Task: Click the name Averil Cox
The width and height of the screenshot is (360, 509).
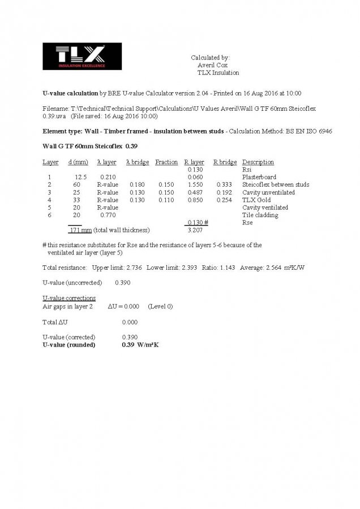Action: pyautogui.click(x=212, y=65)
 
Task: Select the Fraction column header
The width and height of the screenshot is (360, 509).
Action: pyautogui.click(x=166, y=162)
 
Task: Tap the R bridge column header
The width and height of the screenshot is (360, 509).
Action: pyautogui.click(x=225, y=162)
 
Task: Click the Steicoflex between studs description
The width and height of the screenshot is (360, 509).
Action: pyautogui.click(x=276, y=185)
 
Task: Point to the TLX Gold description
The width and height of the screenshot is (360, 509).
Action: pyautogui.click(x=256, y=200)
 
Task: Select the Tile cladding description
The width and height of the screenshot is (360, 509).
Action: pyautogui.click(x=260, y=215)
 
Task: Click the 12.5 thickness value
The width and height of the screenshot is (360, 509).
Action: pyautogui.click(x=80, y=177)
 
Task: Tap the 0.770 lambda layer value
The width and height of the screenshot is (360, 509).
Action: pyautogui.click(x=108, y=215)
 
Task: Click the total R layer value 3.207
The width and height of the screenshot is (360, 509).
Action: pyautogui.click(x=195, y=230)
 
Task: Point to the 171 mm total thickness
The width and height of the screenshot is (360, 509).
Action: pyautogui.click(x=80, y=230)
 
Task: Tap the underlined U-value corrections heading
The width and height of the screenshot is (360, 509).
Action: pyautogui.click(x=69, y=298)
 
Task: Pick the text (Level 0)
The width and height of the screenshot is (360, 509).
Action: pyautogui.click(x=161, y=306)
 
